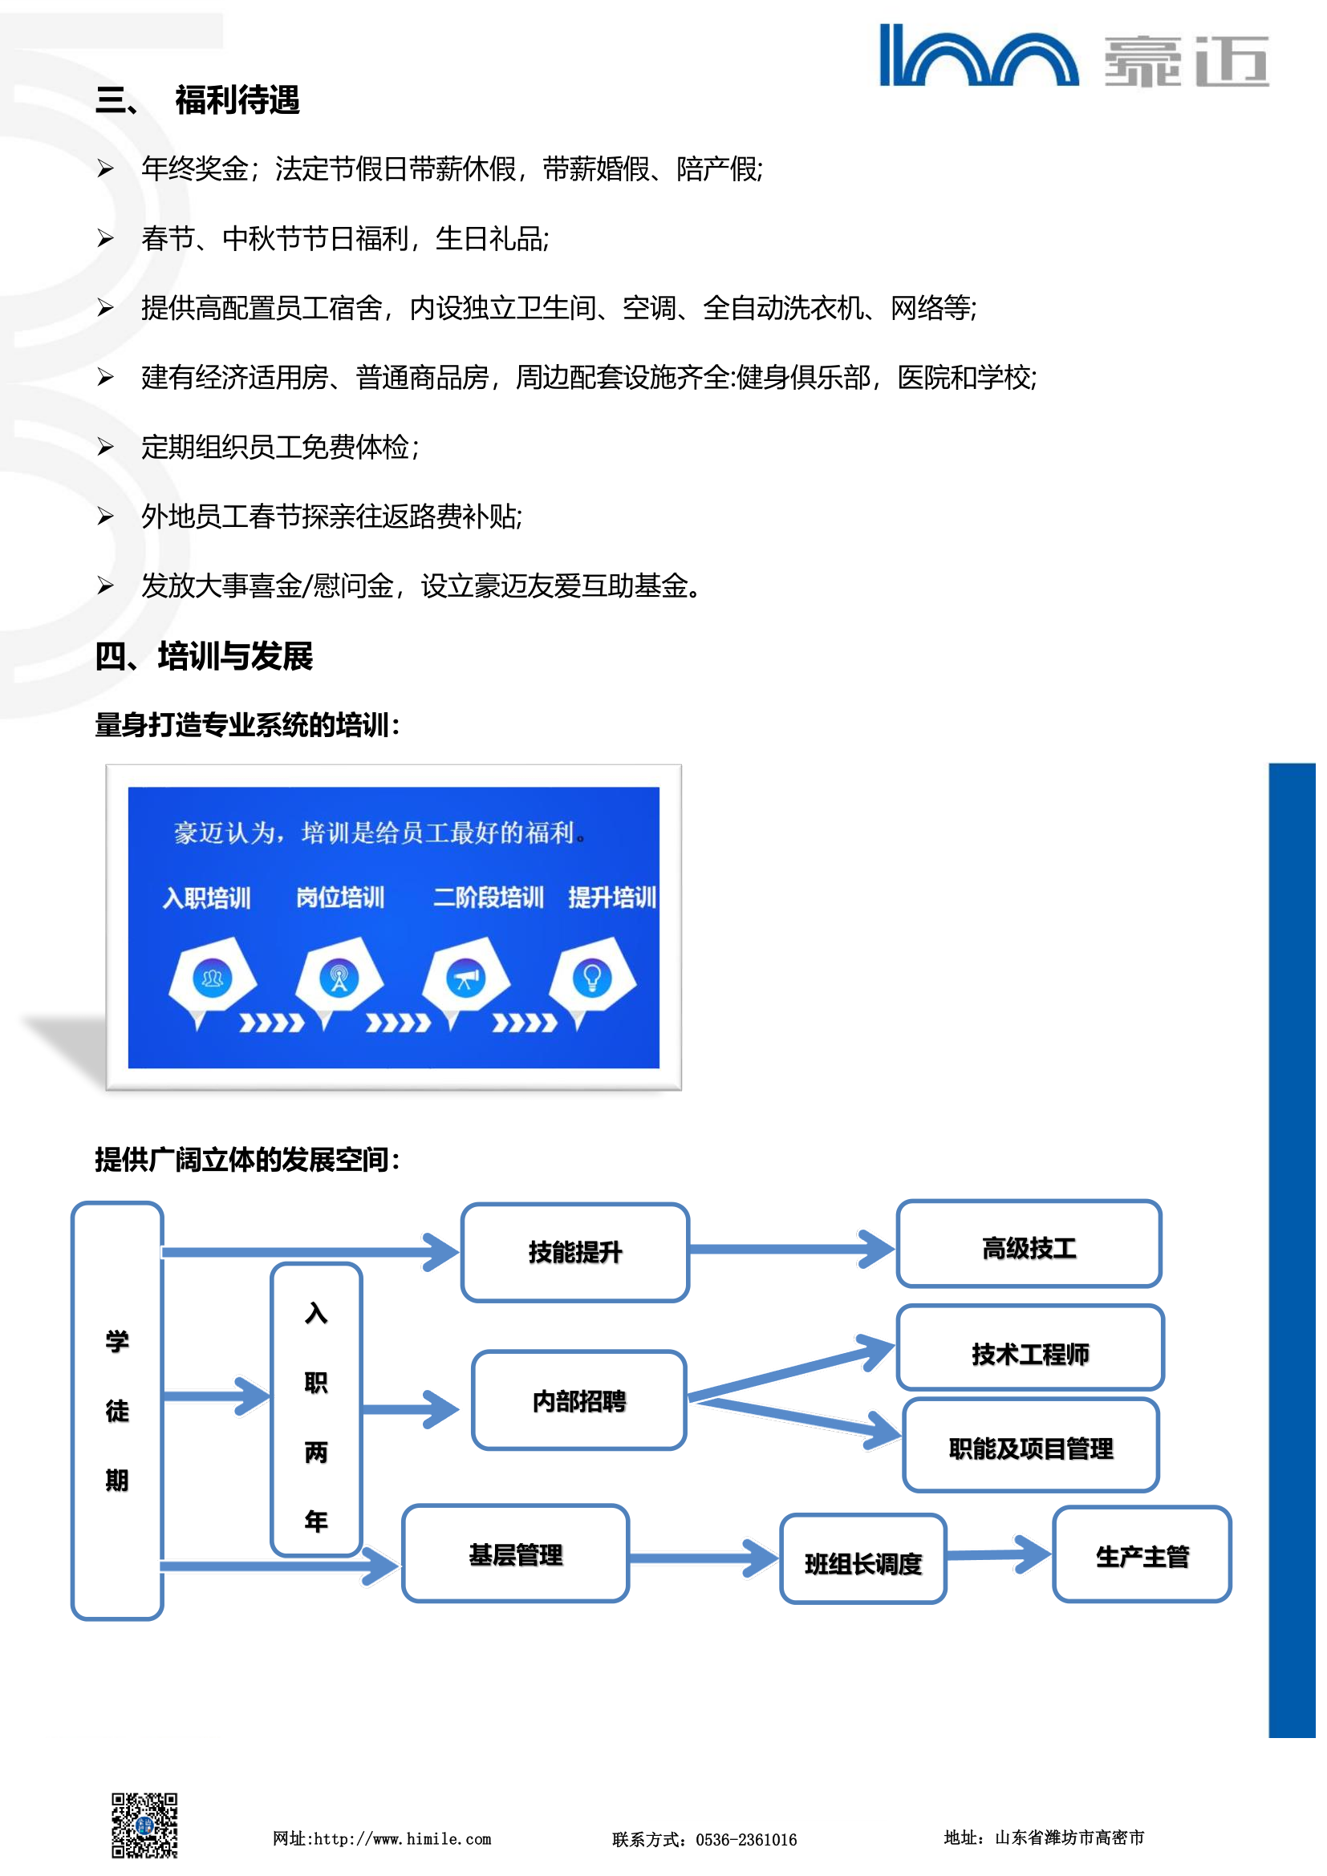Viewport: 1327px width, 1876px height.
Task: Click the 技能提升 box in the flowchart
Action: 574,1252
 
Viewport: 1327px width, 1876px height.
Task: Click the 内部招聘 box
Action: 578,1400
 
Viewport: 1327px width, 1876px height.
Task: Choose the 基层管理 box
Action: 516,1554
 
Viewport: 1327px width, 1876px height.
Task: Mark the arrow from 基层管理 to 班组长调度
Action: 704,1558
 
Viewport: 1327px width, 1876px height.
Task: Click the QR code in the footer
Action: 144,1825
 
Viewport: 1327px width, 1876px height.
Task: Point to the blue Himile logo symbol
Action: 978,56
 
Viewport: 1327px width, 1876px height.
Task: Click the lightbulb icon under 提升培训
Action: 592,977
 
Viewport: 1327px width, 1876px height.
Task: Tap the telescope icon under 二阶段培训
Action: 466,978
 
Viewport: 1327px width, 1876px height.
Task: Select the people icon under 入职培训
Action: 213,977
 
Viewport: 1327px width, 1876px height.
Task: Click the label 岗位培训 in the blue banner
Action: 340,897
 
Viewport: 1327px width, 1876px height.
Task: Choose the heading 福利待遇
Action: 237,100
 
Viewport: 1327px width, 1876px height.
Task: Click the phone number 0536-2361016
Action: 745,1839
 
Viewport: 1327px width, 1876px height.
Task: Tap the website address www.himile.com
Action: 403,1839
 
